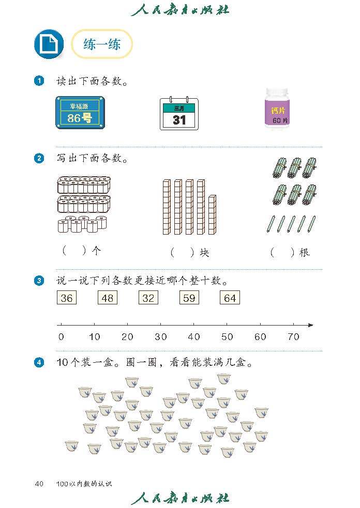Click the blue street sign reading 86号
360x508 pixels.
click(x=80, y=113)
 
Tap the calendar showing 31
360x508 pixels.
click(x=179, y=113)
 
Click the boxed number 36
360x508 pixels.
click(x=67, y=298)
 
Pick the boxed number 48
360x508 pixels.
click(x=108, y=298)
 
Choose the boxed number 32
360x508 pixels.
click(x=148, y=298)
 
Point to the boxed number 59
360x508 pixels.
click(x=189, y=298)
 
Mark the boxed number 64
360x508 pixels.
click(x=230, y=298)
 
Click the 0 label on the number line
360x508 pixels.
click(x=61, y=337)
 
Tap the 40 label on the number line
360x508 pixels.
click(x=194, y=337)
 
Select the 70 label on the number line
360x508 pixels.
click(x=293, y=337)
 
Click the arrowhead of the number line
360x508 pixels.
click(x=310, y=325)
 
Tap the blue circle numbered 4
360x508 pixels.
click(x=39, y=363)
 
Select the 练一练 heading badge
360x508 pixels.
click(x=102, y=44)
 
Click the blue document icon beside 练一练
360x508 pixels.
click(x=49, y=44)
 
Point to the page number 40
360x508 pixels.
click(x=39, y=484)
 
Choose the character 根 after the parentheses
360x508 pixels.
click(x=305, y=252)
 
